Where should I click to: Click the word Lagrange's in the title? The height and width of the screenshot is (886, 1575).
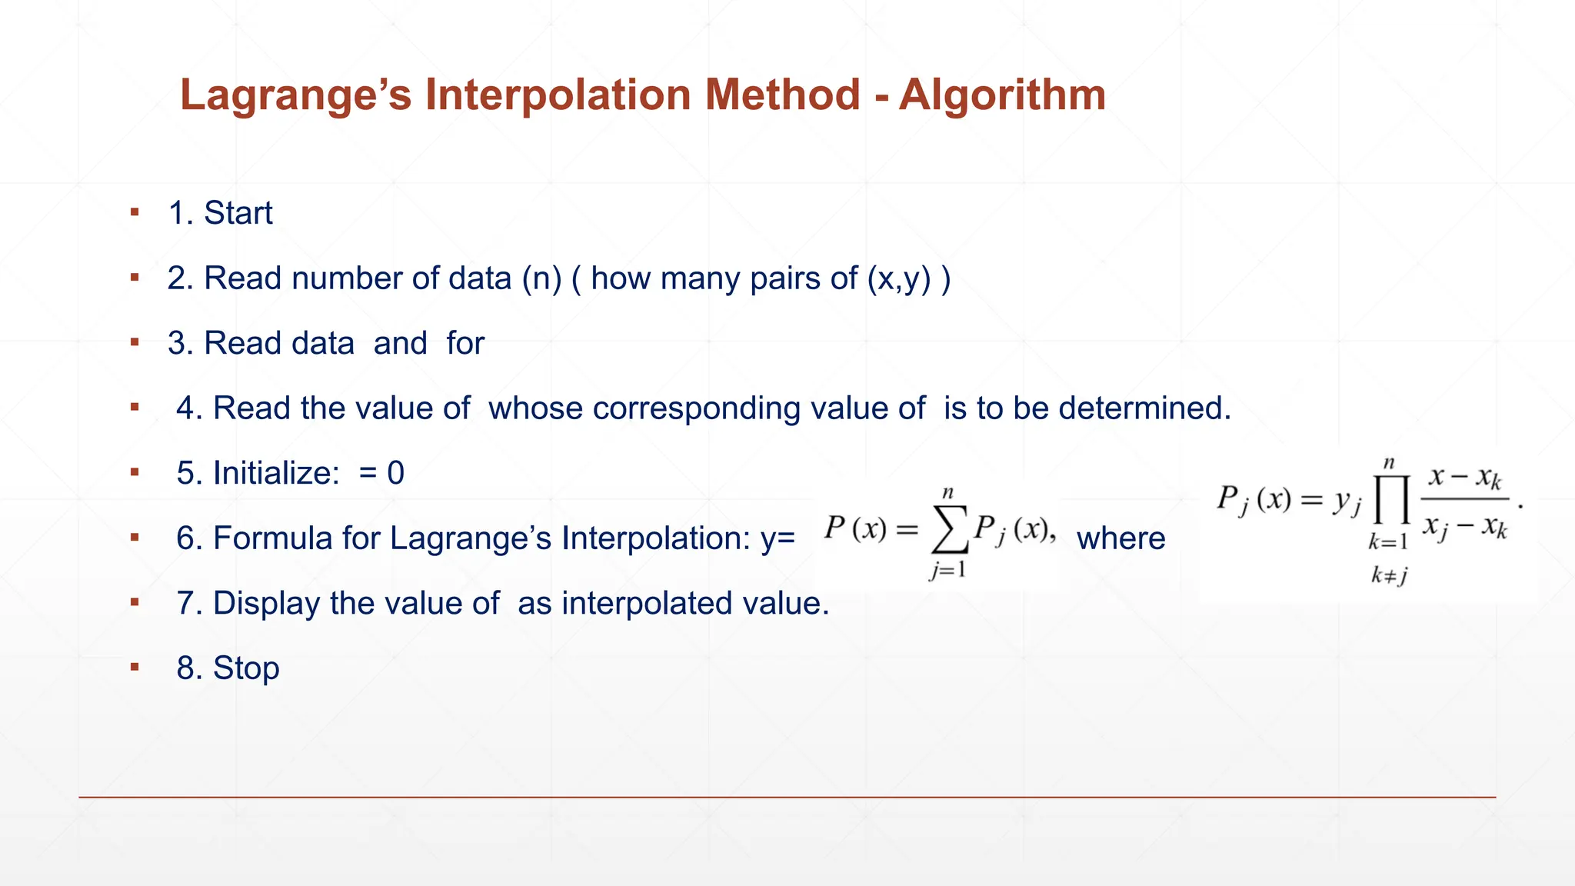point(295,95)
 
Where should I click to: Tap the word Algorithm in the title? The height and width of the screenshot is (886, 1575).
point(1002,95)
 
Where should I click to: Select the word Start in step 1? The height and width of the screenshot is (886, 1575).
point(238,213)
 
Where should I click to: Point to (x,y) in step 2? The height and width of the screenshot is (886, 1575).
point(898,278)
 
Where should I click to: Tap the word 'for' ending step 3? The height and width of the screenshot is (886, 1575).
point(465,343)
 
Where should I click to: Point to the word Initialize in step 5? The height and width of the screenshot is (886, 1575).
point(276,473)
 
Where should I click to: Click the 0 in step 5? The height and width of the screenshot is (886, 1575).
point(395,473)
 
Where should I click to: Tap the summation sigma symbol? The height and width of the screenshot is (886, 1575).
point(949,529)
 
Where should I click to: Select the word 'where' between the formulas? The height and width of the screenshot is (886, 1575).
point(1120,538)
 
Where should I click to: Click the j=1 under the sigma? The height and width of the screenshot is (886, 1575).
point(947,570)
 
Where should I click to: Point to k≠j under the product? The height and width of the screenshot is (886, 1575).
point(1389,575)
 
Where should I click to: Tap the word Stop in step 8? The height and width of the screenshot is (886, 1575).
point(246,668)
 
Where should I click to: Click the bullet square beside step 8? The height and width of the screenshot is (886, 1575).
point(135,667)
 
